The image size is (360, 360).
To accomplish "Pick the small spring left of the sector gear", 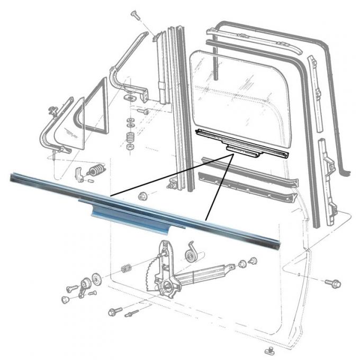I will [126, 268].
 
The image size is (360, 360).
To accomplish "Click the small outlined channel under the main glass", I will [241, 143].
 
